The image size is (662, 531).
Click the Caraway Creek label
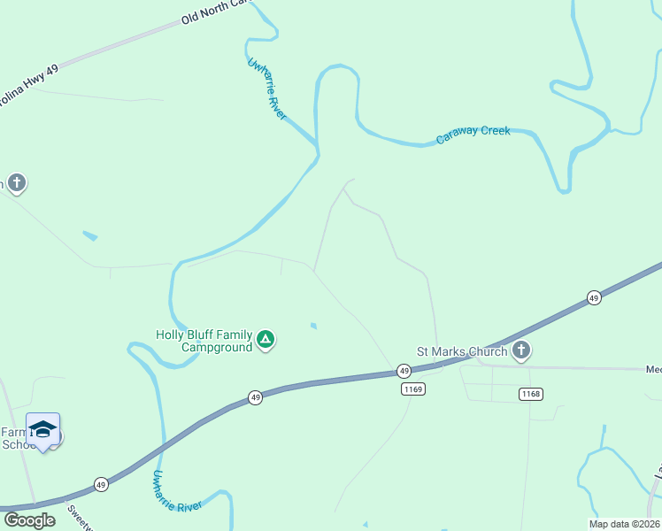pos(473,132)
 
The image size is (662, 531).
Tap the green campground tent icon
pos(265,339)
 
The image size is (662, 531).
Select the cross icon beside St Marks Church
pos(521,350)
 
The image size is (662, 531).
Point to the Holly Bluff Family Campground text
pos(204,341)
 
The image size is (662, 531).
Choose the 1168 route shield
pos(531,394)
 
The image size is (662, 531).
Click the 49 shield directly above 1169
pos(404,371)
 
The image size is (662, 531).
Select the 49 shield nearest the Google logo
pos(101,485)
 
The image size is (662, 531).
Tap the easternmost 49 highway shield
pos(593,299)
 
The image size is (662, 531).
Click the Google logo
pos(30,519)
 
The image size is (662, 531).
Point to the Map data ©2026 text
pos(624,524)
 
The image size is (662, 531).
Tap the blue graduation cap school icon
pos(42,429)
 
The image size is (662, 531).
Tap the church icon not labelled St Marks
pos(17,183)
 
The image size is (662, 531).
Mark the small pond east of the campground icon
pos(313,326)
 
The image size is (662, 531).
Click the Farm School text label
pos(17,438)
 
